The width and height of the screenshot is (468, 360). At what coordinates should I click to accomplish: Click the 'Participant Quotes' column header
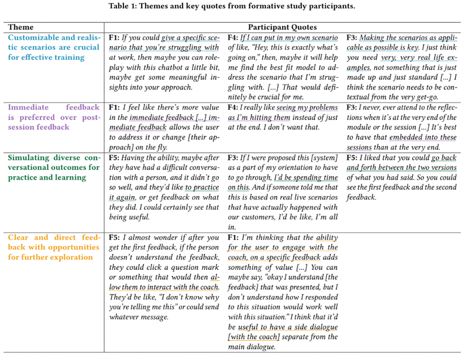[x=283, y=27]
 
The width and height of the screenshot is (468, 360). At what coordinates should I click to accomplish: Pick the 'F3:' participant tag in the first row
[x=353, y=37]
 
